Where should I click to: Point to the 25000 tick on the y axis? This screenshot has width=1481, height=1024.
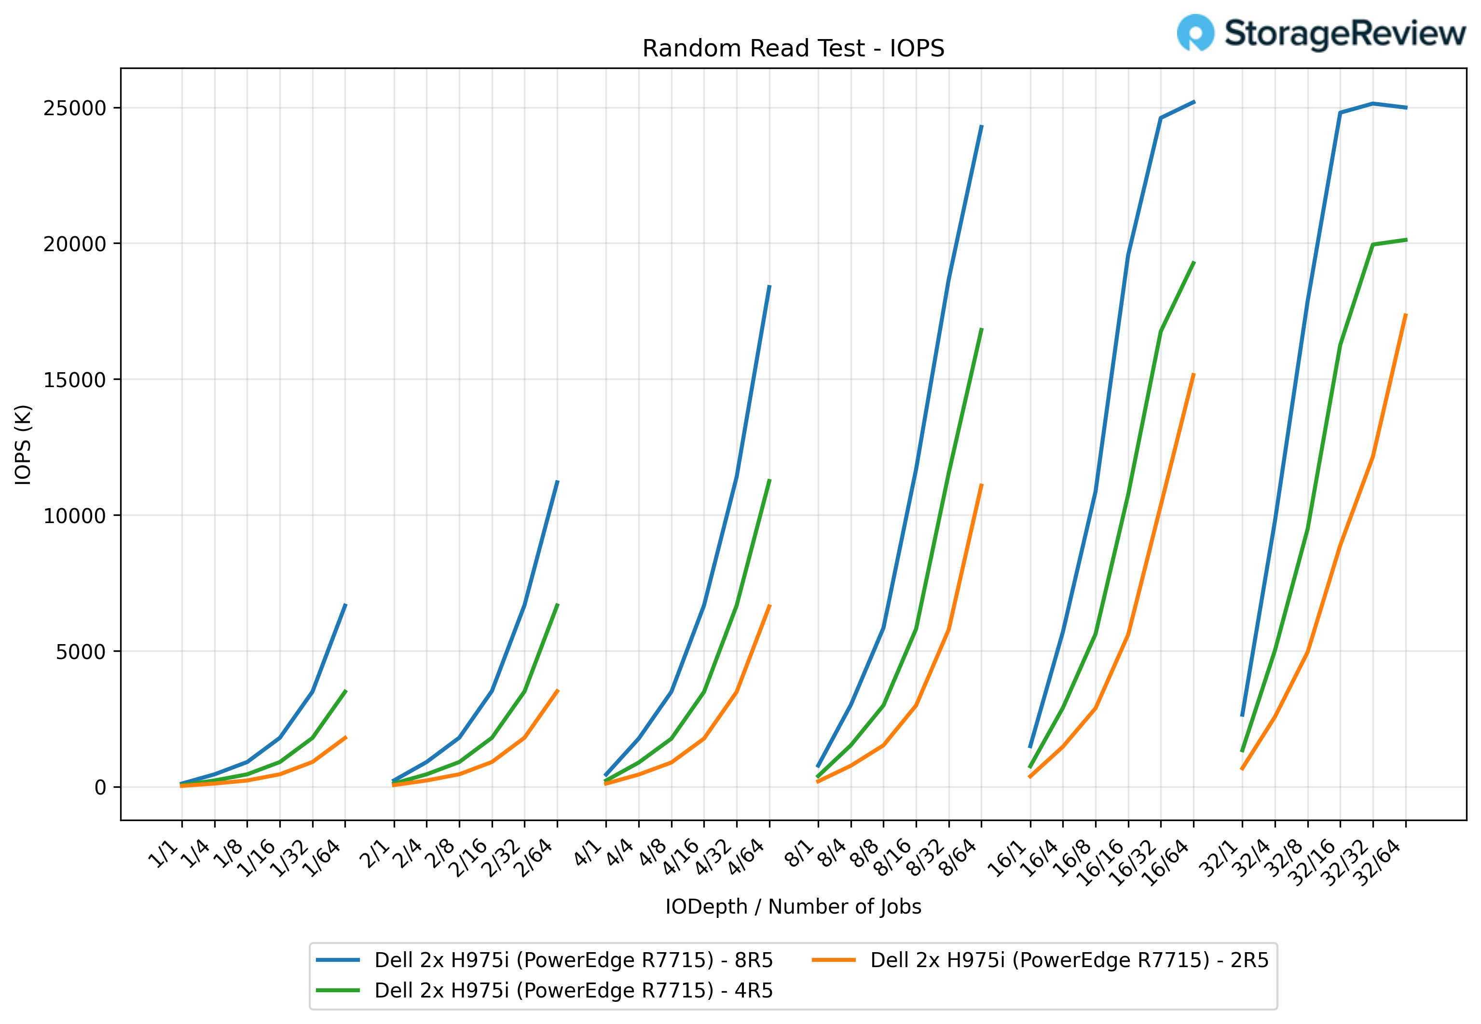pos(74,108)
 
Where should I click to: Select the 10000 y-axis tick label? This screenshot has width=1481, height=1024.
pos(74,516)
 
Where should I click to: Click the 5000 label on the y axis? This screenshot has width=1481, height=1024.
pos(81,652)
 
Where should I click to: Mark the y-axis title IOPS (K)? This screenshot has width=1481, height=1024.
pos(23,444)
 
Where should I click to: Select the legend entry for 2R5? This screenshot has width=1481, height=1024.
pos(1069,960)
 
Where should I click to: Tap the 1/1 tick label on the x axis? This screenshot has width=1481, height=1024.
pos(165,853)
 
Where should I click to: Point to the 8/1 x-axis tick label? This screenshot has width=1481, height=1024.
pos(801,853)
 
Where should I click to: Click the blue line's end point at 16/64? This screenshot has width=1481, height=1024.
pos(1193,101)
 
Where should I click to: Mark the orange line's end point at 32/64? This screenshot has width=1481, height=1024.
pos(1405,314)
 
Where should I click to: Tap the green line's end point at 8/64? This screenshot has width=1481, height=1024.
pos(982,329)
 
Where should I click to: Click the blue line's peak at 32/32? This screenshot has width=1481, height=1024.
pos(1372,103)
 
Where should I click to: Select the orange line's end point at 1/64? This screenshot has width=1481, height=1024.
pos(345,737)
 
